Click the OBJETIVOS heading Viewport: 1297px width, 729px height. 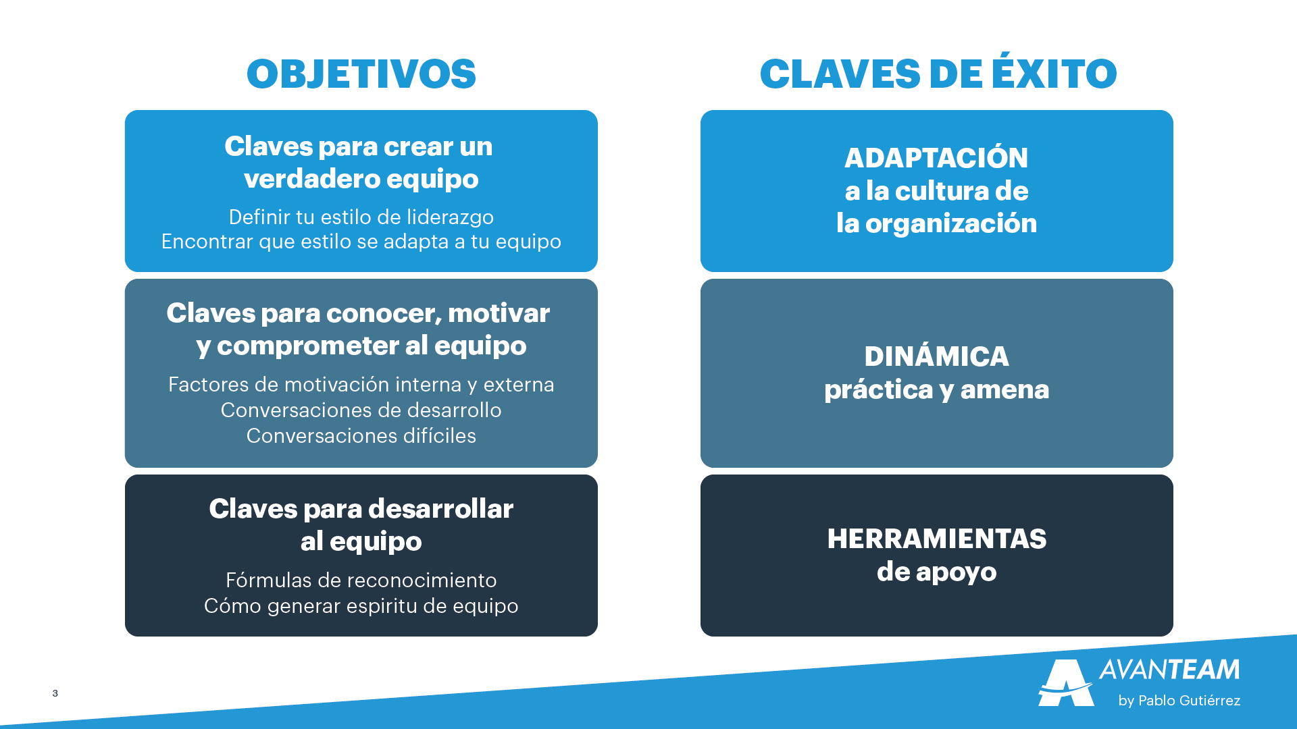tap(361, 74)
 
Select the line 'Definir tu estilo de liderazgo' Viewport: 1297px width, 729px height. tap(361, 217)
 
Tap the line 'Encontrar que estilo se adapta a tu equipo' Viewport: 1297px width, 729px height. tap(361, 242)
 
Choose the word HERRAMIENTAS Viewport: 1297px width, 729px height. tap(937, 539)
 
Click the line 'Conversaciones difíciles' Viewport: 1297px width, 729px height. tap(361, 436)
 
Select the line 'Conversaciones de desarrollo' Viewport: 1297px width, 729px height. tap(361, 410)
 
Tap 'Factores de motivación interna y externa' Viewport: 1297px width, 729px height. tap(361, 385)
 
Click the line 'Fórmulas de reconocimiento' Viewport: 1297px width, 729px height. tap(361, 580)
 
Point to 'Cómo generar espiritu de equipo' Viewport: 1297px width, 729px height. tap(361, 606)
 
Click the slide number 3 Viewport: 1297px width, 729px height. tap(55, 693)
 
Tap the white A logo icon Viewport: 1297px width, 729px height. tap(1066, 682)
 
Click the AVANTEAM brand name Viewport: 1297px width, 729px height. tap(1169, 670)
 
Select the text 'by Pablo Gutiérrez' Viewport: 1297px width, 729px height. tap(1179, 701)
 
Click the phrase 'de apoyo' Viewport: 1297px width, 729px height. tap(937, 572)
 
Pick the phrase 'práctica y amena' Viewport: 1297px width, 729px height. tap(937, 390)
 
